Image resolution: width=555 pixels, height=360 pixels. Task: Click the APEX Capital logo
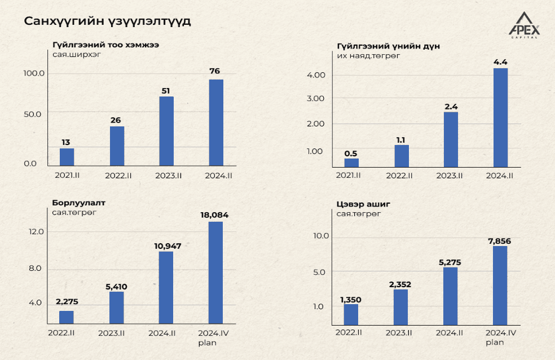point(524,25)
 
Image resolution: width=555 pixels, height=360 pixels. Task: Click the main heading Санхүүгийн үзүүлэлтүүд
point(107,21)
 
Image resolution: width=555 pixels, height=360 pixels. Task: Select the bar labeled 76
point(216,122)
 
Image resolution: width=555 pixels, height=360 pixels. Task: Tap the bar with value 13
point(67,157)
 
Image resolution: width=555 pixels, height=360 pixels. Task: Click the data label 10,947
point(166,246)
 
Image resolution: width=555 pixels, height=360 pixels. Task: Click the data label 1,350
point(351,299)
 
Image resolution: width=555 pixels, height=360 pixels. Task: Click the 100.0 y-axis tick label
point(34,73)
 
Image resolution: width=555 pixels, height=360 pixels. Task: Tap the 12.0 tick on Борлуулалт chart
point(36,232)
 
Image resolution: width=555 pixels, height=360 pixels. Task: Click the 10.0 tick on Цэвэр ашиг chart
point(321,236)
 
